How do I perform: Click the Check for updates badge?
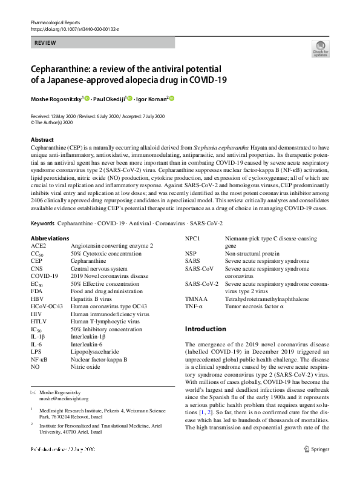(x=320, y=48)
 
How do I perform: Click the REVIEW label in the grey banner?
(x=45, y=43)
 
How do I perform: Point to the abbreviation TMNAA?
(x=197, y=299)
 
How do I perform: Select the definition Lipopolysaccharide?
(x=94, y=351)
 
